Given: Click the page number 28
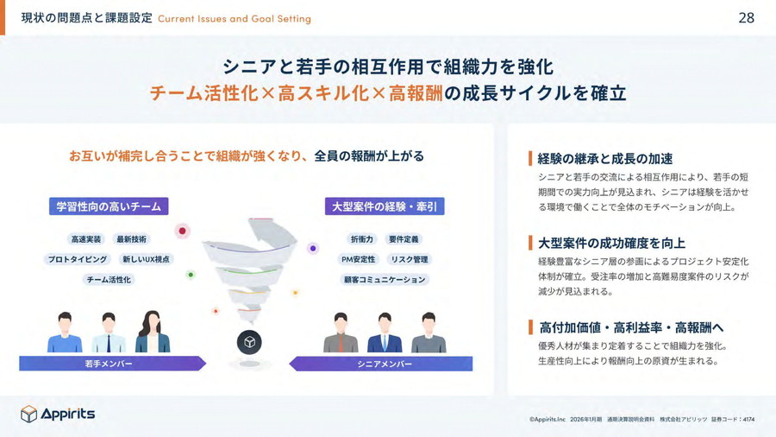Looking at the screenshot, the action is coord(747,18).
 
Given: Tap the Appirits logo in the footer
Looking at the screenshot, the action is coord(58,414).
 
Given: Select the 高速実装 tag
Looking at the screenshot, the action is coord(86,239).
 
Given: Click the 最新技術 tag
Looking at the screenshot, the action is coord(132,239).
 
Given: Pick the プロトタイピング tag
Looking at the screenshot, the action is coord(78,259).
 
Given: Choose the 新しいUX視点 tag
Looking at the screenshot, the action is coord(146,259).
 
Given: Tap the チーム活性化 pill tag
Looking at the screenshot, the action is coord(109,280).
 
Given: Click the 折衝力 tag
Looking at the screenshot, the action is coord(362,239).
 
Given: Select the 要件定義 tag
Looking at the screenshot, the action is coord(404,239).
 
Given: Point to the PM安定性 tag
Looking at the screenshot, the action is coord(359,259).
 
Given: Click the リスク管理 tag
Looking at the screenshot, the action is coord(410,259).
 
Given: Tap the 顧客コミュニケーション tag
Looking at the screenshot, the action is coord(385,280).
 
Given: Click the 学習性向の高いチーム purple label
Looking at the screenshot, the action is coord(109,206).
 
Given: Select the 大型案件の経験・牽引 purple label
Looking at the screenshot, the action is coord(385,206).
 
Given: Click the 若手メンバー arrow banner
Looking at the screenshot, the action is coord(112,364).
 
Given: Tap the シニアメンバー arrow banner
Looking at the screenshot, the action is coord(380,364).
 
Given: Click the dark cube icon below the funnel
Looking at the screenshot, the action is coord(249,342).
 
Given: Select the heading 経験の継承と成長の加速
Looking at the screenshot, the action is coord(605,159).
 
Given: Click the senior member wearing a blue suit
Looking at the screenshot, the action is coord(385,332).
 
